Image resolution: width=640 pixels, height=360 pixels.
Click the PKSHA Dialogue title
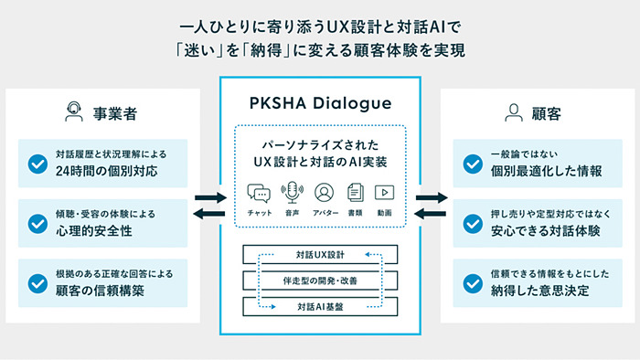click(320, 103)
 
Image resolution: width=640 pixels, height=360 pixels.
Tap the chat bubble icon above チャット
click(259, 194)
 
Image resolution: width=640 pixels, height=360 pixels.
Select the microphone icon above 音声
click(292, 193)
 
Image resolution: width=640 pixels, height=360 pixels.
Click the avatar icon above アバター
click(324, 193)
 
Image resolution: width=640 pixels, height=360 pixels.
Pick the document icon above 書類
click(355, 193)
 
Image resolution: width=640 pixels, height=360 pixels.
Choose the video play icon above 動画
click(385, 193)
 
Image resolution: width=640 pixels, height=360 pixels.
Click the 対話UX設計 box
click(320, 255)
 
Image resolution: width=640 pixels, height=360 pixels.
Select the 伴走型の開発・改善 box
click(320, 281)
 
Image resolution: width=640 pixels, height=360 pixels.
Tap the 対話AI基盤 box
click(320, 307)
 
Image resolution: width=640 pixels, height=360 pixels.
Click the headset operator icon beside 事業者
click(73, 111)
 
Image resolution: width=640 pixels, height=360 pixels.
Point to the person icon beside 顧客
click(514, 112)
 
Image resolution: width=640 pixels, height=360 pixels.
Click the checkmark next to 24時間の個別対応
click(37, 164)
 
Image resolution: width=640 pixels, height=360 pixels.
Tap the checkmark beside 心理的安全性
click(37, 224)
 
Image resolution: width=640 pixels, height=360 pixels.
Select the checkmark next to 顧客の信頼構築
click(37, 283)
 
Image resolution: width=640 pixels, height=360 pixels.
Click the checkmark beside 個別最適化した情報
click(473, 164)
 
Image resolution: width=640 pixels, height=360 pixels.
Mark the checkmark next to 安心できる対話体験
click(473, 224)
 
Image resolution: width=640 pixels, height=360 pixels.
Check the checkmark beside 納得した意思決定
click(473, 283)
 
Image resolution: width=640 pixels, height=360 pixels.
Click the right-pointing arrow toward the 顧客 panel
click(432, 197)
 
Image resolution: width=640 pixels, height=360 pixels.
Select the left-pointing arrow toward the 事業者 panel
click(209, 214)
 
